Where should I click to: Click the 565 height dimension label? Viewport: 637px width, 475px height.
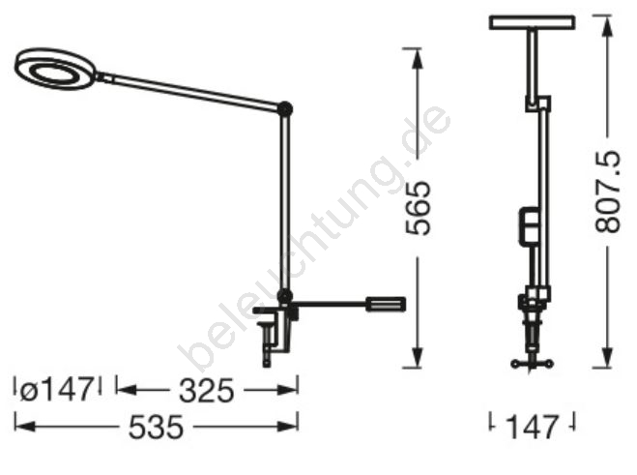[418, 208]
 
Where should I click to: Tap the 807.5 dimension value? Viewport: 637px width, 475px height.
[608, 192]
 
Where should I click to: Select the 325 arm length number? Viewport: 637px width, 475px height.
[207, 391]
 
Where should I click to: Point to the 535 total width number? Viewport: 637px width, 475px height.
[156, 427]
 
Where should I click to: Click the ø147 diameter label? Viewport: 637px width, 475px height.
[56, 390]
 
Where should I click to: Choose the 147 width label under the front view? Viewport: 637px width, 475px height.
[532, 427]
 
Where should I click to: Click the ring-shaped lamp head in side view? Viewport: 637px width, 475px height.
[56, 70]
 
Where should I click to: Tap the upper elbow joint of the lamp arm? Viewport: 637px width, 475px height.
[285, 109]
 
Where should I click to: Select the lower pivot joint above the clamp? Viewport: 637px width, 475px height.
[285, 295]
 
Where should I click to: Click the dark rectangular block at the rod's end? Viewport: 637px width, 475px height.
[386, 304]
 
